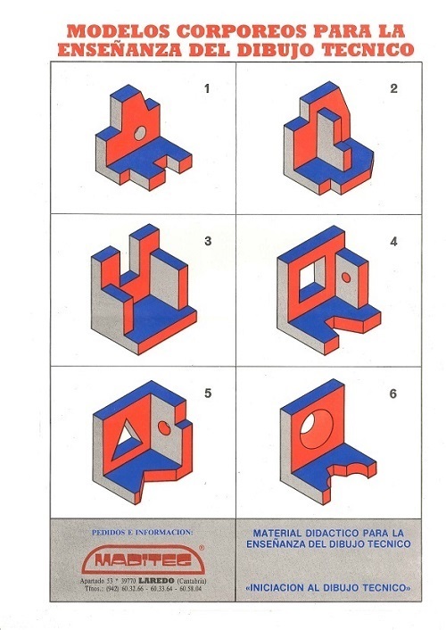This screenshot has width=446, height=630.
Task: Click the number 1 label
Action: tap(207, 88)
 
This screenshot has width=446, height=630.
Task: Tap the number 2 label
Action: tap(393, 88)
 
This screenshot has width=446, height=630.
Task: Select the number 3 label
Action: tap(208, 241)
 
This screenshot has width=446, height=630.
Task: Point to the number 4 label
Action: tap(393, 241)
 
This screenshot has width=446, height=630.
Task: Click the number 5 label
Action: tap(208, 393)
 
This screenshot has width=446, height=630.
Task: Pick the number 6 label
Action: tap(393, 394)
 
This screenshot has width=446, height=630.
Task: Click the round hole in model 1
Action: tap(140, 133)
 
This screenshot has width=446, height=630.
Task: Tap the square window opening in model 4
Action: tap(312, 277)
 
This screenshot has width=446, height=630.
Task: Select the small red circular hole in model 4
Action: tap(346, 278)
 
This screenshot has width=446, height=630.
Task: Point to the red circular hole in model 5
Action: tap(164, 427)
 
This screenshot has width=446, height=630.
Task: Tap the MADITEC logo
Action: tap(144, 560)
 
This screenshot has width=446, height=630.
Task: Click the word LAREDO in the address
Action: tap(156, 581)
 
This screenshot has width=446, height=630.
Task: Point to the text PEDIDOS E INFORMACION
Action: tap(142, 533)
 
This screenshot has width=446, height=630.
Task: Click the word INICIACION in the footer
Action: tap(277, 588)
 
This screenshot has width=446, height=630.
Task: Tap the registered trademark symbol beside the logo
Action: tap(202, 547)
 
